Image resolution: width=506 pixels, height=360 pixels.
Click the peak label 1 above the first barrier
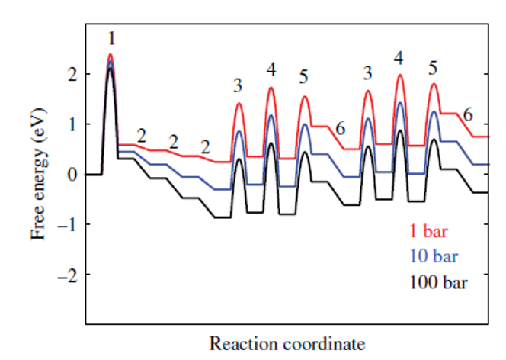point(111,37)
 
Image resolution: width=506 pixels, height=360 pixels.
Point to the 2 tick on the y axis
point(72,75)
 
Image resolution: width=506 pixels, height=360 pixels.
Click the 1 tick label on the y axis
point(72,124)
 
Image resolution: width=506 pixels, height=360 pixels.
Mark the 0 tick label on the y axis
point(72,175)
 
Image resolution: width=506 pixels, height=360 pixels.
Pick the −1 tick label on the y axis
point(69,224)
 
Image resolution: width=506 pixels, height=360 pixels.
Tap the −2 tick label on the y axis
point(69,274)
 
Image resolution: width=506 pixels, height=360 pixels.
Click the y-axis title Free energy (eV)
point(40,175)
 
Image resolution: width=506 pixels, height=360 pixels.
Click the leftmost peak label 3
point(238,85)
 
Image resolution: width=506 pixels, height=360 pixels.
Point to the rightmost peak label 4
point(399,58)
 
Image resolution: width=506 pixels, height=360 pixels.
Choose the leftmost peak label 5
point(303,77)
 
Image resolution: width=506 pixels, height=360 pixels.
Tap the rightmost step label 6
point(468,114)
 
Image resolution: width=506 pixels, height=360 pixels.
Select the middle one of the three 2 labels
point(173,142)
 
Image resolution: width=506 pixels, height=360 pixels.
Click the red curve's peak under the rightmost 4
point(399,75)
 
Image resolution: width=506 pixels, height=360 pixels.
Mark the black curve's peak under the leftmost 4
point(271,143)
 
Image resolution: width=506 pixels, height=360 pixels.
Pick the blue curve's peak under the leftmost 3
point(239,131)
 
